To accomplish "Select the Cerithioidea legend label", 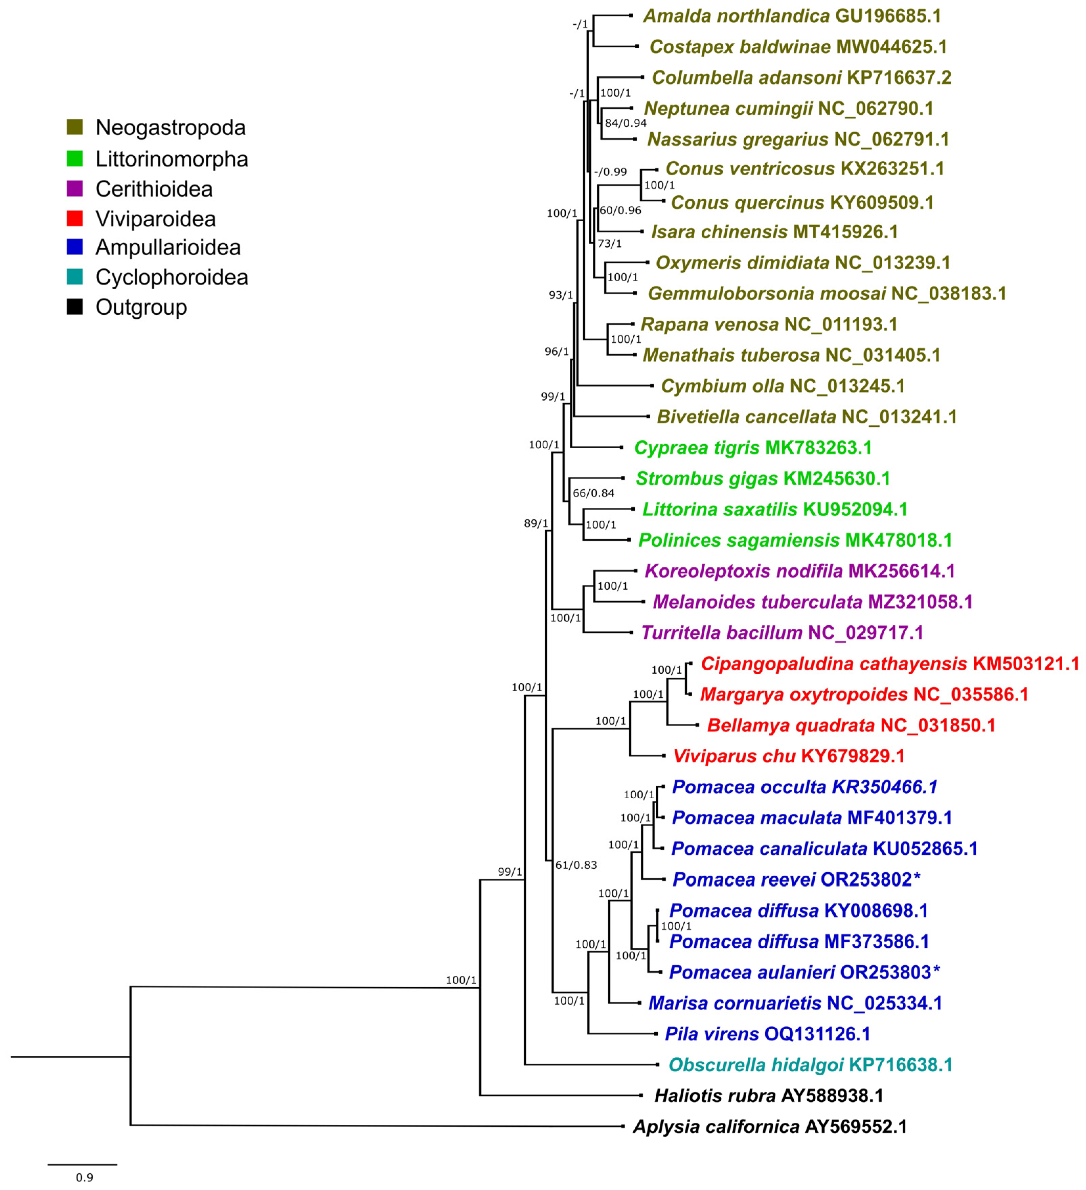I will point(154,189).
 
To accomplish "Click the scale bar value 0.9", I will point(84,1177).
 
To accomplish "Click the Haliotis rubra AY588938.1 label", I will point(768,1096).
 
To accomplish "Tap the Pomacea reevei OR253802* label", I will point(796,879).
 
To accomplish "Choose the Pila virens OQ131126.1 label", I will point(767,1034).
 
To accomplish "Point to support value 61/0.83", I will point(576,865).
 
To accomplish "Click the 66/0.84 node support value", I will point(593,493).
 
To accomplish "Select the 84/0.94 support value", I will point(626,123).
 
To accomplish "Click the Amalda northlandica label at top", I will point(791,16).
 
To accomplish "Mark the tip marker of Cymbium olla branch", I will point(652,385).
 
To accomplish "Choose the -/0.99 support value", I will point(610,172).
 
